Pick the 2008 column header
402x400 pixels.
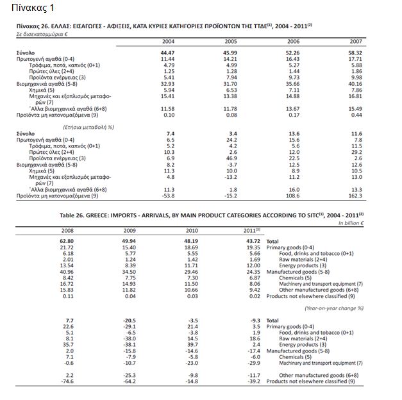click(66, 229)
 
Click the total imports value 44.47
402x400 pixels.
click(168, 51)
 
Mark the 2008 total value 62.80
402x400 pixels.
click(66, 240)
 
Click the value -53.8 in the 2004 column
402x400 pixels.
click(167, 196)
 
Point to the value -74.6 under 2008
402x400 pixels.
click(66, 381)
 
